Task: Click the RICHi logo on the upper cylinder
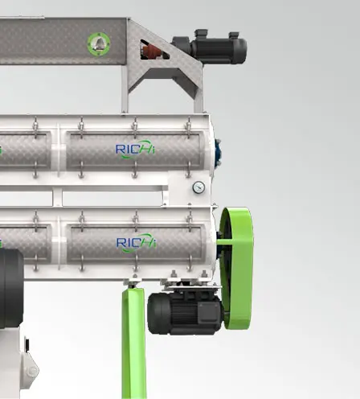135,149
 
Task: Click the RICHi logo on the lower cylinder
136,242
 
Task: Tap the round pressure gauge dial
198,187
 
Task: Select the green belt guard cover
236,268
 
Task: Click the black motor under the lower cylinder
185,312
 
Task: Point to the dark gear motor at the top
211,47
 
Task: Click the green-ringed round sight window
99,44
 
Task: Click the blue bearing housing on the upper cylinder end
218,152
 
